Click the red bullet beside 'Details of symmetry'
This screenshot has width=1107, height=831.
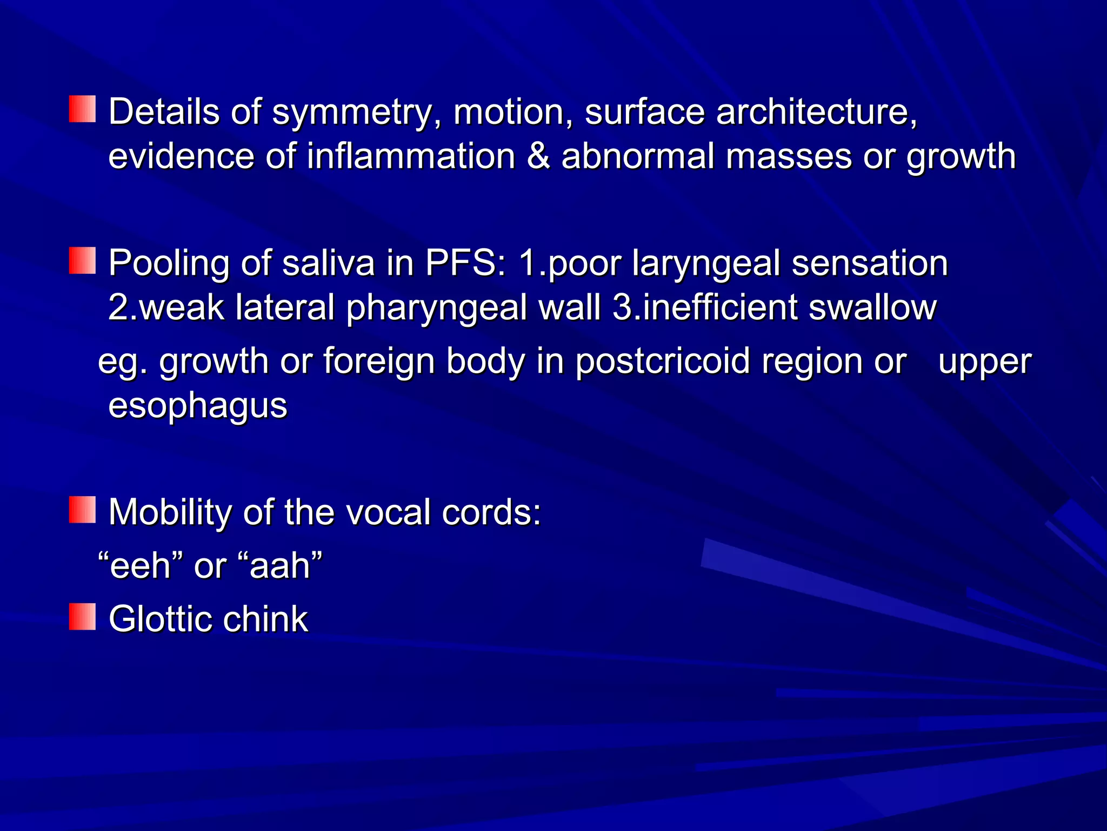click(82, 109)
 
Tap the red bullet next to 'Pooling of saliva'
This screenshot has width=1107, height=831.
click(82, 261)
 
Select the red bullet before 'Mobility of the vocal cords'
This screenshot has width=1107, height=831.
click(82, 510)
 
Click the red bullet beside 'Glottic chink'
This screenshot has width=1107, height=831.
click(82, 617)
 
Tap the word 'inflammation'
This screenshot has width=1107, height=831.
click(411, 156)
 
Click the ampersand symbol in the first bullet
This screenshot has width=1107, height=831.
click(538, 156)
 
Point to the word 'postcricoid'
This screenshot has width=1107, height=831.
click(662, 361)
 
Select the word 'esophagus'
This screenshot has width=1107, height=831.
click(198, 406)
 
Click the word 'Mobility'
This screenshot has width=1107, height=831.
click(169, 512)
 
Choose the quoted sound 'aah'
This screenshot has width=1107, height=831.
click(280, 566)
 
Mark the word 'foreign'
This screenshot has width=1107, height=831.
click(379, 361)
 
